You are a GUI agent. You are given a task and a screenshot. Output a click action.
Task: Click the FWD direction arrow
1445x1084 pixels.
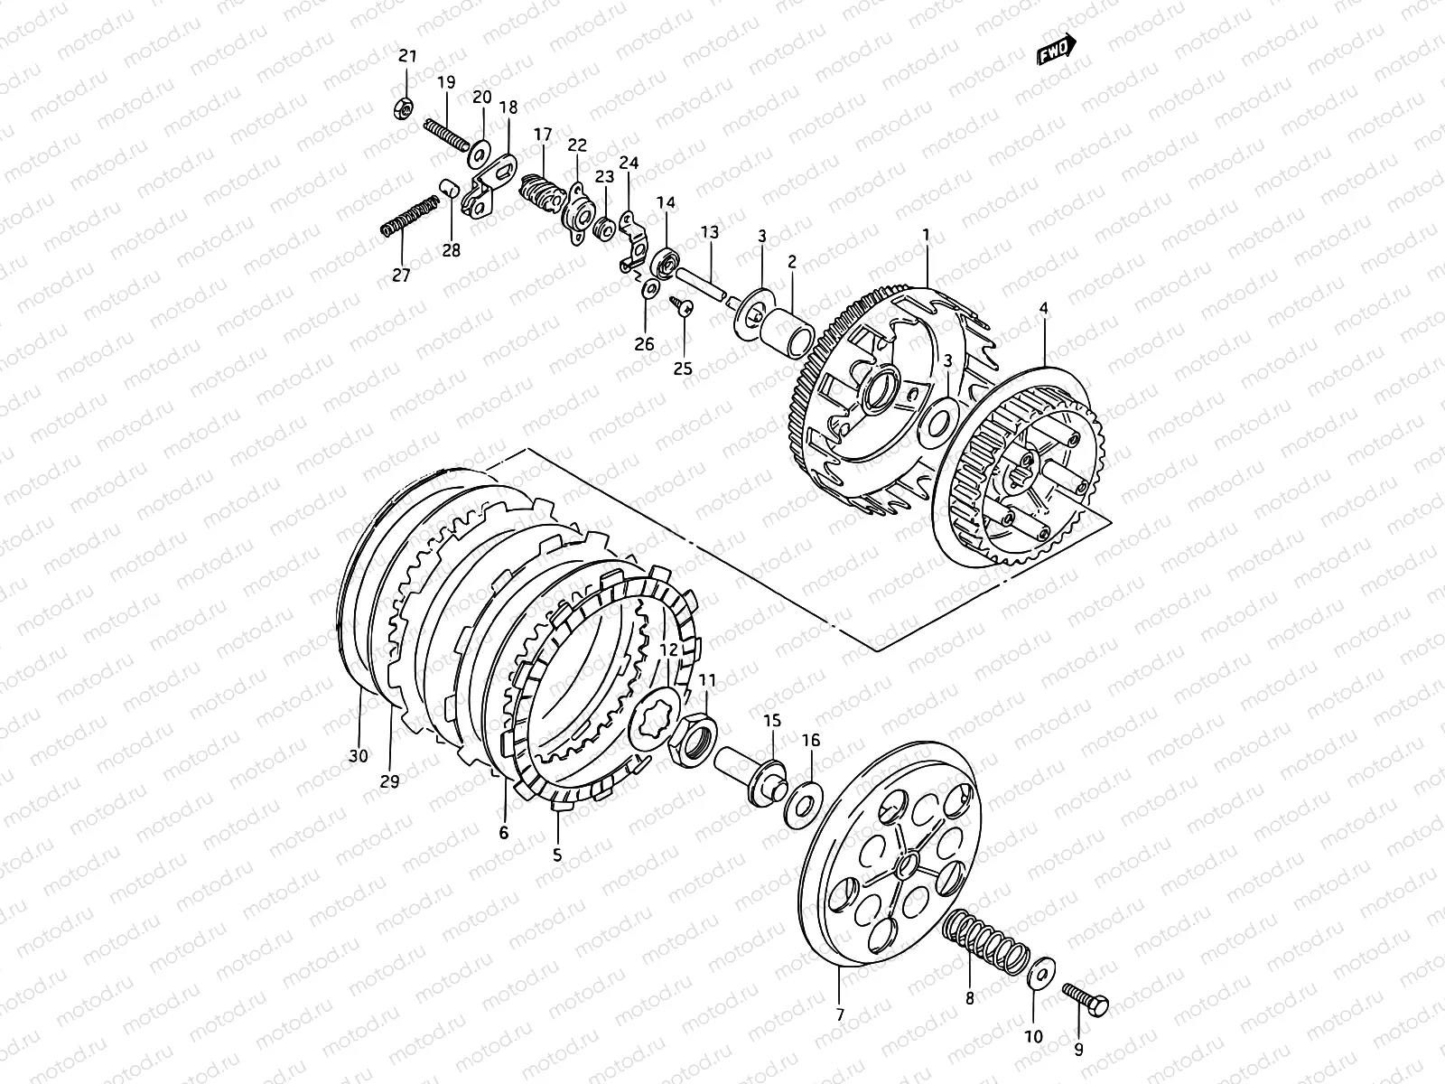(x=1057, y=50)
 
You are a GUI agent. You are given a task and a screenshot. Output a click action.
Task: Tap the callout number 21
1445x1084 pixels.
(x=408, y=57)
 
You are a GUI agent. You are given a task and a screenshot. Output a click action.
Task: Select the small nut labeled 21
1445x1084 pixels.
(x=405, y=107)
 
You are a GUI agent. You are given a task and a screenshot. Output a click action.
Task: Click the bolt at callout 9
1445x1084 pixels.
(x=1085, y=1000)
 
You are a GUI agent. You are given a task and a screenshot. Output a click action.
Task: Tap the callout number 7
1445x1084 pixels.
(x=840, y=1014)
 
